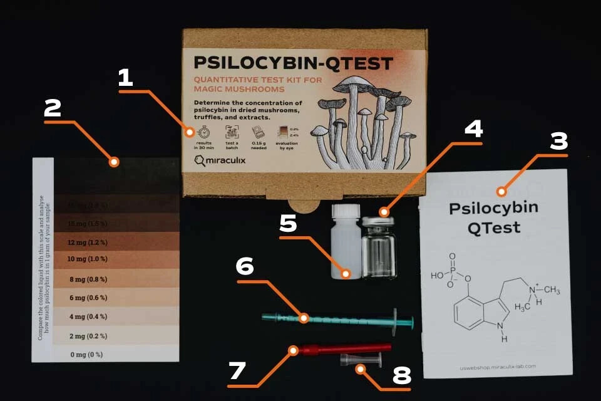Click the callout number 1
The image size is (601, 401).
(x=126, y=78)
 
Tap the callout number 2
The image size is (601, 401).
(x=53, y=109)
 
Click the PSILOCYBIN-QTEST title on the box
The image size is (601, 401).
(x=293, y=63)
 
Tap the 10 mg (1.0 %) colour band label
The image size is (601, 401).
(x=88, y=259)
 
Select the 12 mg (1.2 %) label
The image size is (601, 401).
(x=88, y=241)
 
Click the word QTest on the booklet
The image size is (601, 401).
(x=493, y=227)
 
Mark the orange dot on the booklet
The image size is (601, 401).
(x=501, y=191)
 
